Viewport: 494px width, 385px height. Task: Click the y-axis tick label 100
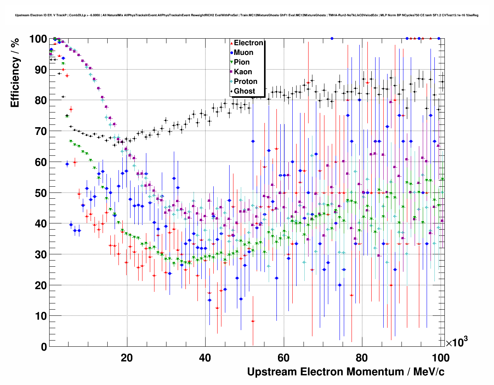tap(38, 39)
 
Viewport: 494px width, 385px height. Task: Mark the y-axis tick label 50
tap(41, 193)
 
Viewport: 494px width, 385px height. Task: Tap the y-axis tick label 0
tap(44, 347)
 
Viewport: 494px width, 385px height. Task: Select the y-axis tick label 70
tap(41, 131)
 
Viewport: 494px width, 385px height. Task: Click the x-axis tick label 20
tap(127, 358)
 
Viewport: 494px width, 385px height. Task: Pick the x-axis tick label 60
tap(283, 358)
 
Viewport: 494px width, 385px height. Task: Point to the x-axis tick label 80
tap(362, 358)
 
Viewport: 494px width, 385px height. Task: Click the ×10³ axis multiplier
tap(456, 342)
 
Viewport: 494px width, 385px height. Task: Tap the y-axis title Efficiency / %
tap(15, 73)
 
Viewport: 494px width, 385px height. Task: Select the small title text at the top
tap(247, 15)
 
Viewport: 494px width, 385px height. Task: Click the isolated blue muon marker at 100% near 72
tap(332, 38)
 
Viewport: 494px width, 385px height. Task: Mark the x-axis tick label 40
tap(205, 358)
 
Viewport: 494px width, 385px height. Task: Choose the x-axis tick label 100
tap(440, 358)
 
